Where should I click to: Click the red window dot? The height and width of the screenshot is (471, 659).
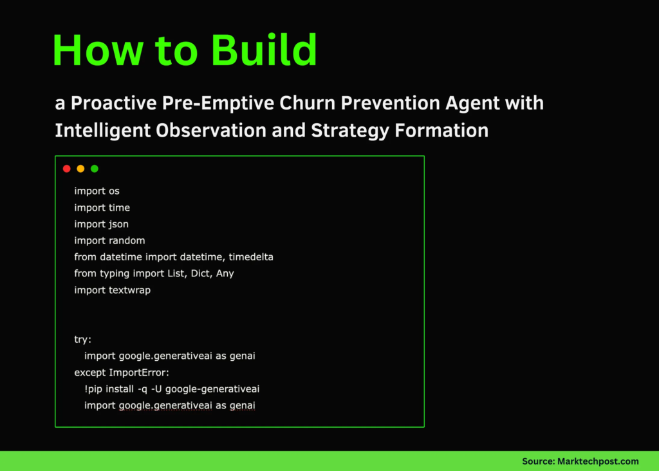click(x=66, y=169)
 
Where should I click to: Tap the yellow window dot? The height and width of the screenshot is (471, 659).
click(x=80, y=169)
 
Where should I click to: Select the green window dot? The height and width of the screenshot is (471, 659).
click(x=95, y=169)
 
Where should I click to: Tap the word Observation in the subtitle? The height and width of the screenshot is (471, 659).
click(x=212, y=131)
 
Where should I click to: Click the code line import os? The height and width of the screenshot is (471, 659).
click(x=97, y=191)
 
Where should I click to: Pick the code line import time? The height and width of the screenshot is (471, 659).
click(x=102, y=207)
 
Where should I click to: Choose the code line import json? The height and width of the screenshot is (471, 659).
click(x=101, y=224)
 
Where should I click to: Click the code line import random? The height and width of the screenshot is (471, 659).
click(x=109, y=240)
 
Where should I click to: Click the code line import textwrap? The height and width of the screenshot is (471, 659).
click(x=112, y=290)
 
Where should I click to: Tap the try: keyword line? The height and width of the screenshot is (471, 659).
click(x=82, y=340)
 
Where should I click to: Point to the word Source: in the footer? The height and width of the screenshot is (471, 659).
click(x=538, y=461)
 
